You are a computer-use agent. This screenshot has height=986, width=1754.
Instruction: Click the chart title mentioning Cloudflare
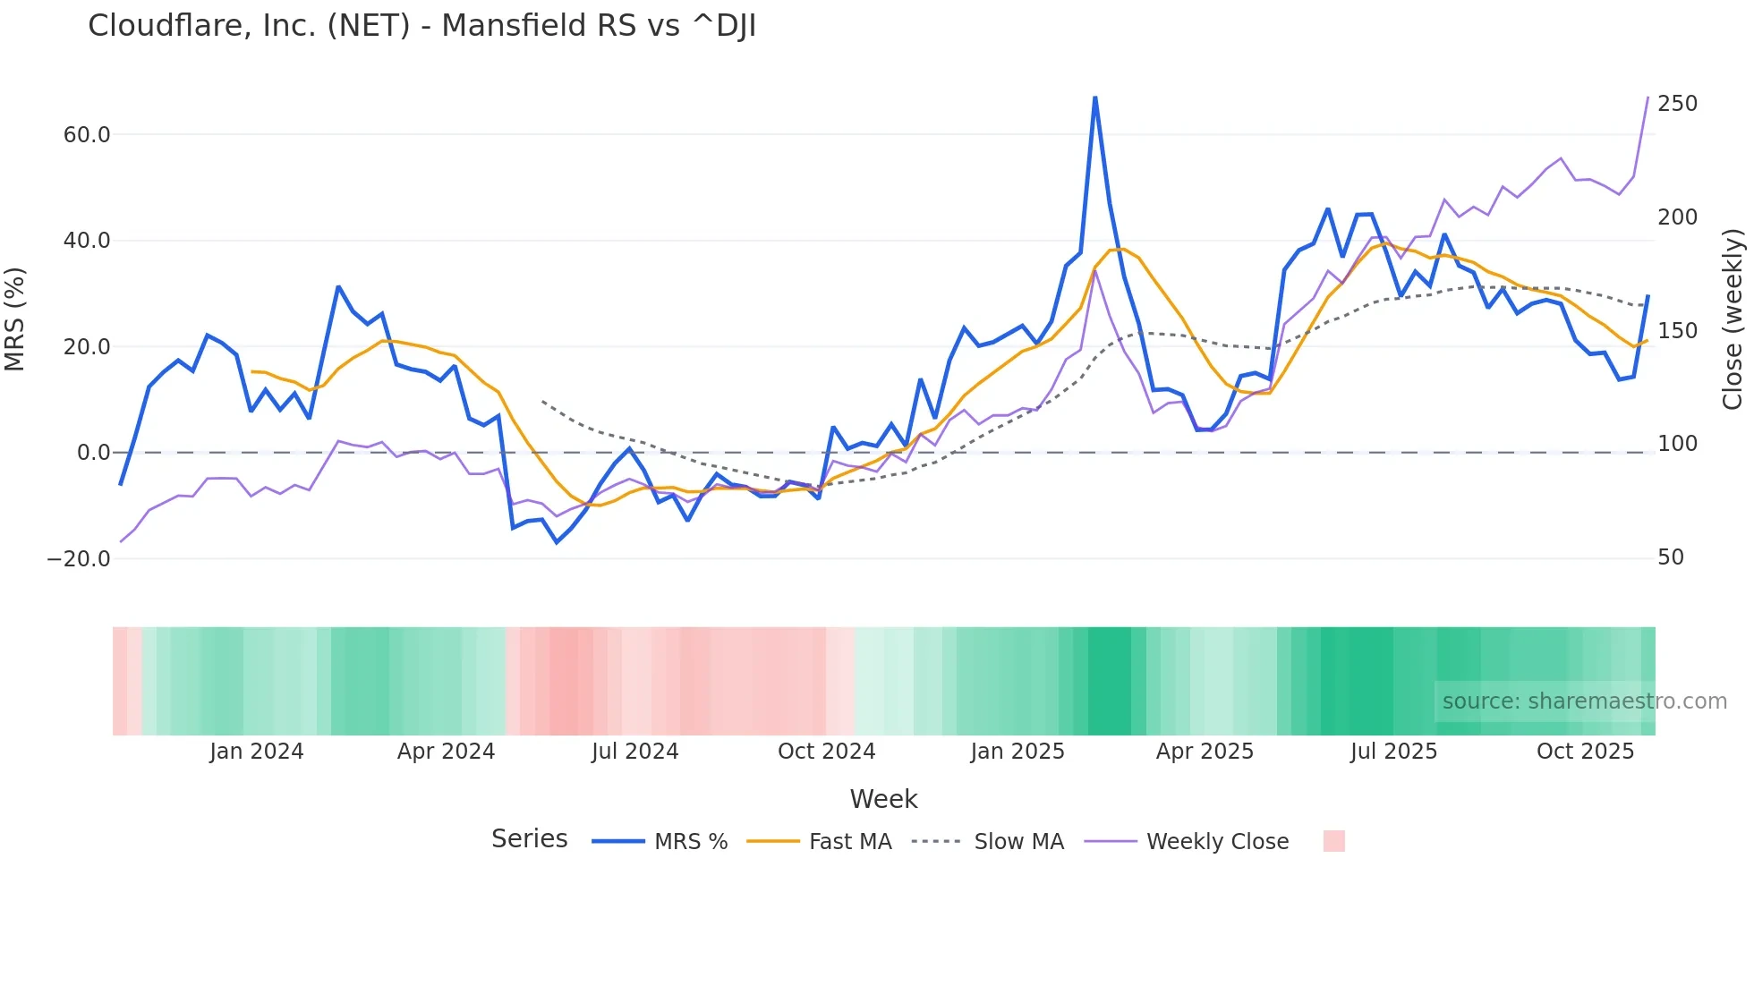421,26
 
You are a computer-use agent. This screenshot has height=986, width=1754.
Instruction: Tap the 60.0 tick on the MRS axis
87,135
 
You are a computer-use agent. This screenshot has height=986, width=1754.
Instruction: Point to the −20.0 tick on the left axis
79,559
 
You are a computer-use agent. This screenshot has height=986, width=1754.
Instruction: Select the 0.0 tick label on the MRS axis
93,453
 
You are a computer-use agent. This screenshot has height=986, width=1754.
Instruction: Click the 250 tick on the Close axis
1677,104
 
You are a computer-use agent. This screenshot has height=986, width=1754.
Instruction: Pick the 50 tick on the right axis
1671,557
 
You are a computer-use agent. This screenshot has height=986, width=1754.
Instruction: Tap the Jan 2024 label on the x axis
257,752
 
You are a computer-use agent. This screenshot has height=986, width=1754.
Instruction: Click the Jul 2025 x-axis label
1393,752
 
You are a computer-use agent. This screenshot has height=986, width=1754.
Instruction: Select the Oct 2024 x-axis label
826,752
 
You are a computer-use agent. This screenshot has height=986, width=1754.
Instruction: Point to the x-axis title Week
883,799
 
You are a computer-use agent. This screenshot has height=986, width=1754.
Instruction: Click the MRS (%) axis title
15,319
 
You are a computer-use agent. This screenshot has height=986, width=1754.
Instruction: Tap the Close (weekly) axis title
1733,319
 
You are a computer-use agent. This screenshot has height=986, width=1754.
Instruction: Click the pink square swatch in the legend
1333,841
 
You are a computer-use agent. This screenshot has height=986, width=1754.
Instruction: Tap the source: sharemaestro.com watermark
1584,701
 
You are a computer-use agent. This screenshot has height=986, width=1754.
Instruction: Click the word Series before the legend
529,839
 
